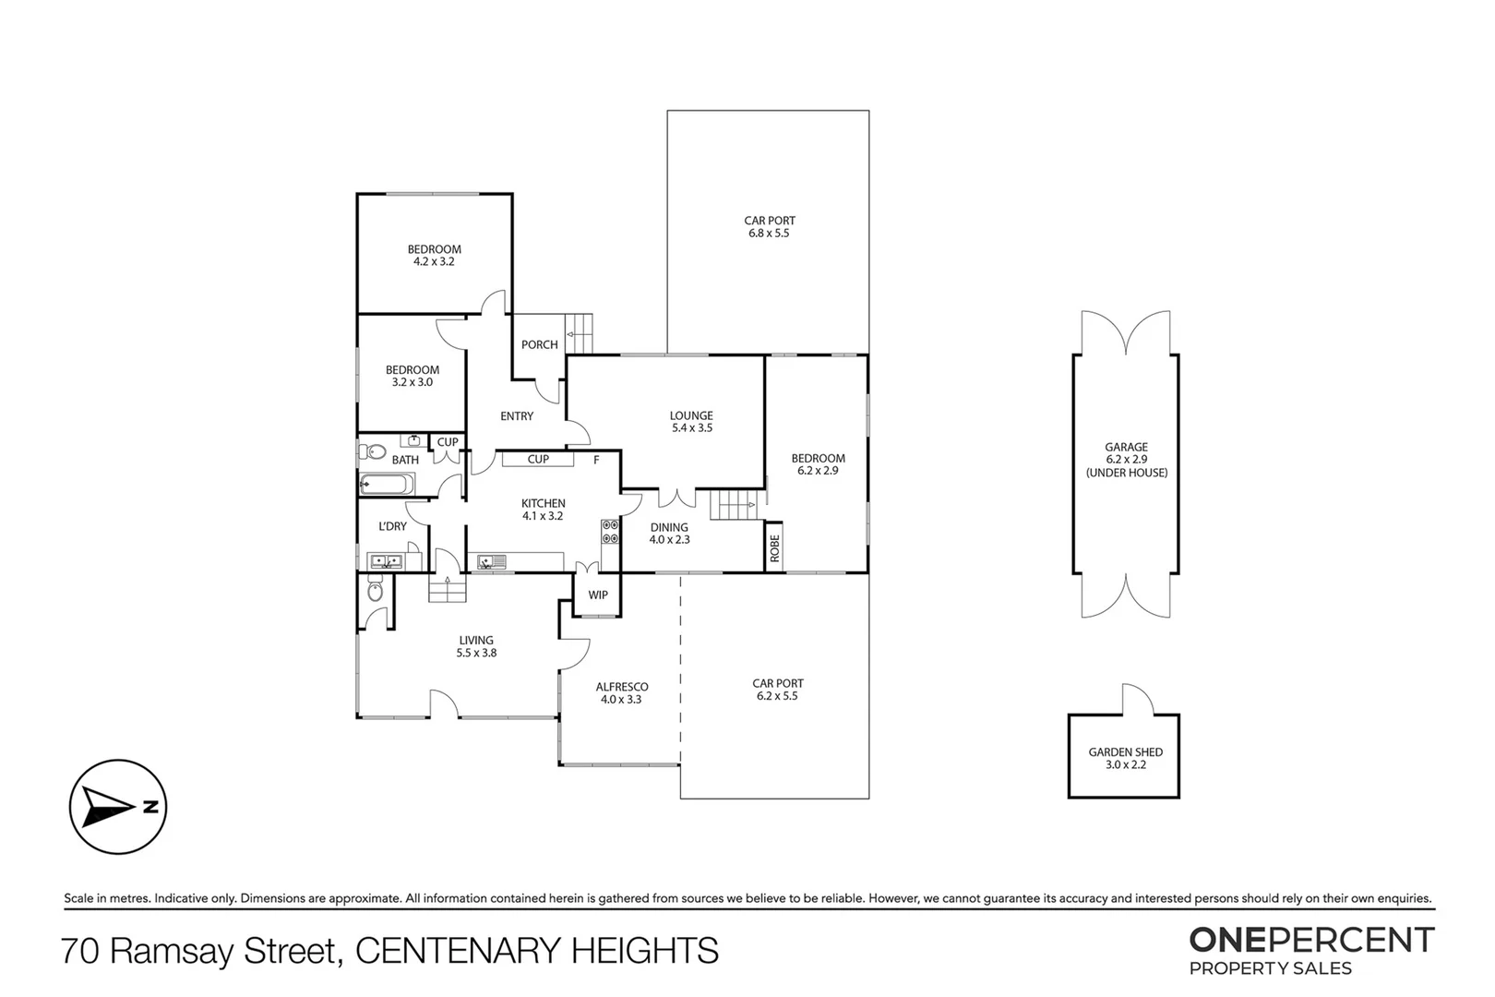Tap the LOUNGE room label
click(691, 422)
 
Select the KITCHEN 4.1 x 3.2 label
click(543, 510)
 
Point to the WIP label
click(598, 595)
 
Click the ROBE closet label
click(775, 548)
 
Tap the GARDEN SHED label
click(1125, 758)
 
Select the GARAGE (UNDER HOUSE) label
click(1126, 460)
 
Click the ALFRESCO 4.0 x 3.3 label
click(621, 693)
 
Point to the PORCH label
click(540, 345)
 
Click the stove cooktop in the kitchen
click(610, 532)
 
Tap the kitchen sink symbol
click(491, 560)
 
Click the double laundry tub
click(385, 560)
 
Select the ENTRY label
click(517, 416)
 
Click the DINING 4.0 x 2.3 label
click(669, 534)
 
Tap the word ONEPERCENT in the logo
click(1311, 940)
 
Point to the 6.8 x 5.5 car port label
click(769, 227)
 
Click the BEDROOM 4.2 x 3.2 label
click(435, 255)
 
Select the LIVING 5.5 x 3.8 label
click(476, 646)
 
